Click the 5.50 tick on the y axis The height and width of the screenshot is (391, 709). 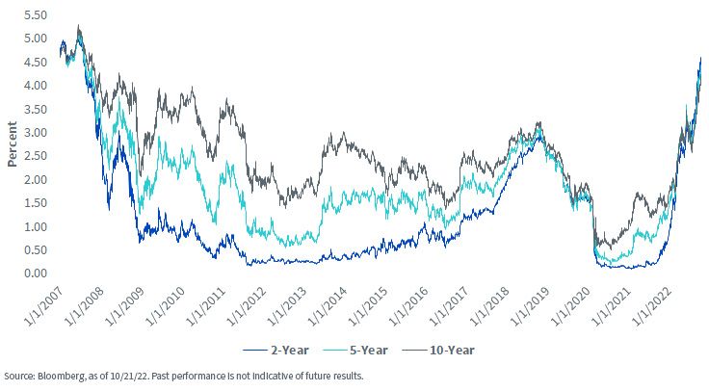35,14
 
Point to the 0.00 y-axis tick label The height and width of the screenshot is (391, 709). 35,273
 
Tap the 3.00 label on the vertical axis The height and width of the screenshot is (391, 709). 35,133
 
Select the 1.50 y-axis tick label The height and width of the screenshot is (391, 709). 35,203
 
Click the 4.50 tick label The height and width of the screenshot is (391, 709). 35,62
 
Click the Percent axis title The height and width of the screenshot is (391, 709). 12,144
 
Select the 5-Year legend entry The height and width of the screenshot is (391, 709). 355,351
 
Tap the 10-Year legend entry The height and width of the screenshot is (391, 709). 438,351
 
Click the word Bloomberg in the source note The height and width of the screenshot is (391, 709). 58,377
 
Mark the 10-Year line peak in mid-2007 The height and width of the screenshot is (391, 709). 79,26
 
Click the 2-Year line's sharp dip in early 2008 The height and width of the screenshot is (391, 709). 109,209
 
